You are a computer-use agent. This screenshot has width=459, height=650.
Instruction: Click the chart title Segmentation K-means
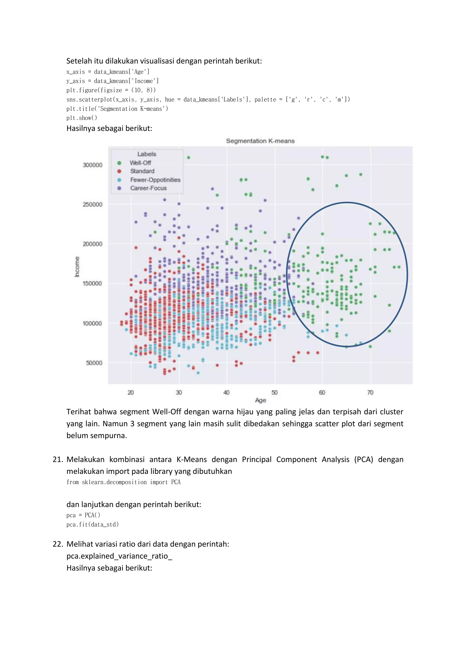(x=260, y=141)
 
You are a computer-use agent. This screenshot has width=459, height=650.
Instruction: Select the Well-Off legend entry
(x=140, y=163)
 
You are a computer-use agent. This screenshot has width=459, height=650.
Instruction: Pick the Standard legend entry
(x=142, y=171)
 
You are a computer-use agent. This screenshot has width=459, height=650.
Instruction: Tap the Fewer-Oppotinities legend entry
(x=155, y=180)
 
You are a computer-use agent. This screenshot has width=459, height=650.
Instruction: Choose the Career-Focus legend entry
(x=148, y=188)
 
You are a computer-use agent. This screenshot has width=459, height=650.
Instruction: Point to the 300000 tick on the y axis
(x=92, y=165)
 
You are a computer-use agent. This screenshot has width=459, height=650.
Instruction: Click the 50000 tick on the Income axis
(x=94, y=363)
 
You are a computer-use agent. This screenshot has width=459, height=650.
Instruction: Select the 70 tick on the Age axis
(x=370, y=392)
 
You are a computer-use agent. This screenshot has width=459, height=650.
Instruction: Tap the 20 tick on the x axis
(x=131, y=392)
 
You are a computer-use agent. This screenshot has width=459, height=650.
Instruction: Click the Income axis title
(x=77, y=267)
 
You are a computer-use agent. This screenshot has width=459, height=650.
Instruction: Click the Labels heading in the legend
(x=147, y=154)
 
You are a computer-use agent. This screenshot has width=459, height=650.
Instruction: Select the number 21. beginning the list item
(x=58, y=459)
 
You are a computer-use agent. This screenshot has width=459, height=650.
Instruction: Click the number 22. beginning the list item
(x=58, y=544)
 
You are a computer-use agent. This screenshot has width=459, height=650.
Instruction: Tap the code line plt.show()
(x=82, y=118)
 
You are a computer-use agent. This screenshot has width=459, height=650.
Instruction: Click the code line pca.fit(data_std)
(x=92, y=525)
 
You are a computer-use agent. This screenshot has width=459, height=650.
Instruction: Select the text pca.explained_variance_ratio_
(x=119, y=556)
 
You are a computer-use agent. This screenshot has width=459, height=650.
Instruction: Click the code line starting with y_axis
(x=113, y=81)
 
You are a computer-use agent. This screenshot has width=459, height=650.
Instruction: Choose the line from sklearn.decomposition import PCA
(x=123, y=482)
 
